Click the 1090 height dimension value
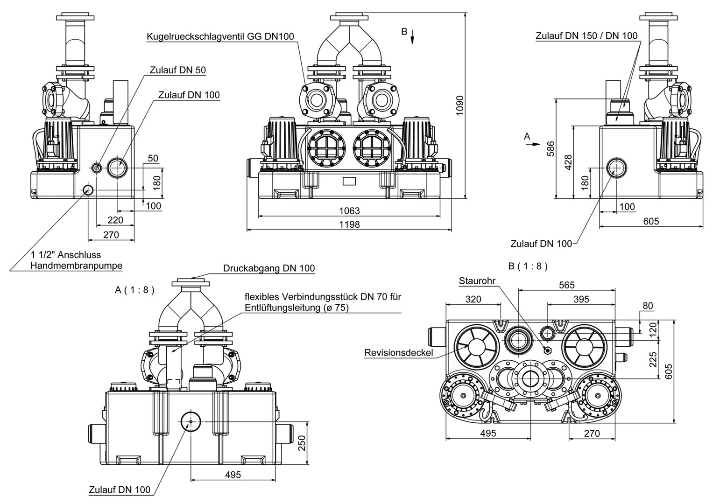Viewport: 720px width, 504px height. pyautogui.click(x=460, y=106)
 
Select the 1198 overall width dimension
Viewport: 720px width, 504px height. pyautogui.click(x=349, y=224)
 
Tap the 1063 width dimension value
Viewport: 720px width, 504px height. pyautogui.click(x=349, y=210)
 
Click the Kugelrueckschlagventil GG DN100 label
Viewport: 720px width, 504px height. pyautogui.click(x=220, y=36)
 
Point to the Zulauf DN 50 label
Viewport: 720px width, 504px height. pyautogui.click(x=177, y=70)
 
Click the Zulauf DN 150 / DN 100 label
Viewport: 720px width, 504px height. pyautogui.click(x=586, y=35)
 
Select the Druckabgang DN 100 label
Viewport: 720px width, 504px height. pyautogui.click(x=268, y=268)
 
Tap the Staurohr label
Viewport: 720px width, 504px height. pyautogui.click(x=477, y=280)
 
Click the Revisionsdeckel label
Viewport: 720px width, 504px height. pyautogui.click(x=398, y=353)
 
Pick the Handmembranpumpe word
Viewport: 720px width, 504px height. pyautogui.click(x=76, y=266)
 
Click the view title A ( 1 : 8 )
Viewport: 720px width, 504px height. pyautogui.click(x=134, y=290)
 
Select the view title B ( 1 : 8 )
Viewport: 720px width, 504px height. pyautogui.click(x=528, y=266)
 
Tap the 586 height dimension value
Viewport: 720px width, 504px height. pyautogui.click(x=551, y=148)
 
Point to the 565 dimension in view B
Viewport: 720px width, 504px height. pyautogui.click(x=566, y=285)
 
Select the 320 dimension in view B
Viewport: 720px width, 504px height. pyautogui.click(x=473, y=299)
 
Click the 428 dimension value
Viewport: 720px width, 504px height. pyautogui.click(x=568, y=162)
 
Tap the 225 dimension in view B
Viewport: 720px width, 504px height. pyautogui.click(x=653, y=359)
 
